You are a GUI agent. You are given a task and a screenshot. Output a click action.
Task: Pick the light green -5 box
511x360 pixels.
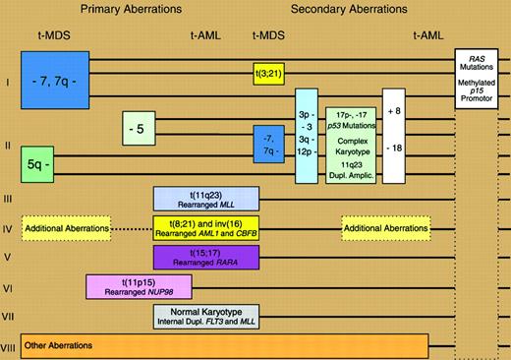[x=137, y=128]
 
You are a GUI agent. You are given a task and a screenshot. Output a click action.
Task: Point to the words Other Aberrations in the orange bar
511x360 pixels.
[x=64, y=346]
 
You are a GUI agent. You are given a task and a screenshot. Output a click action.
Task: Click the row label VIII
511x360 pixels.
[x=8, y=347]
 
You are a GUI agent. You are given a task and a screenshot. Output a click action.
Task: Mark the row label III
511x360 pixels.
[x=8, y=200]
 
